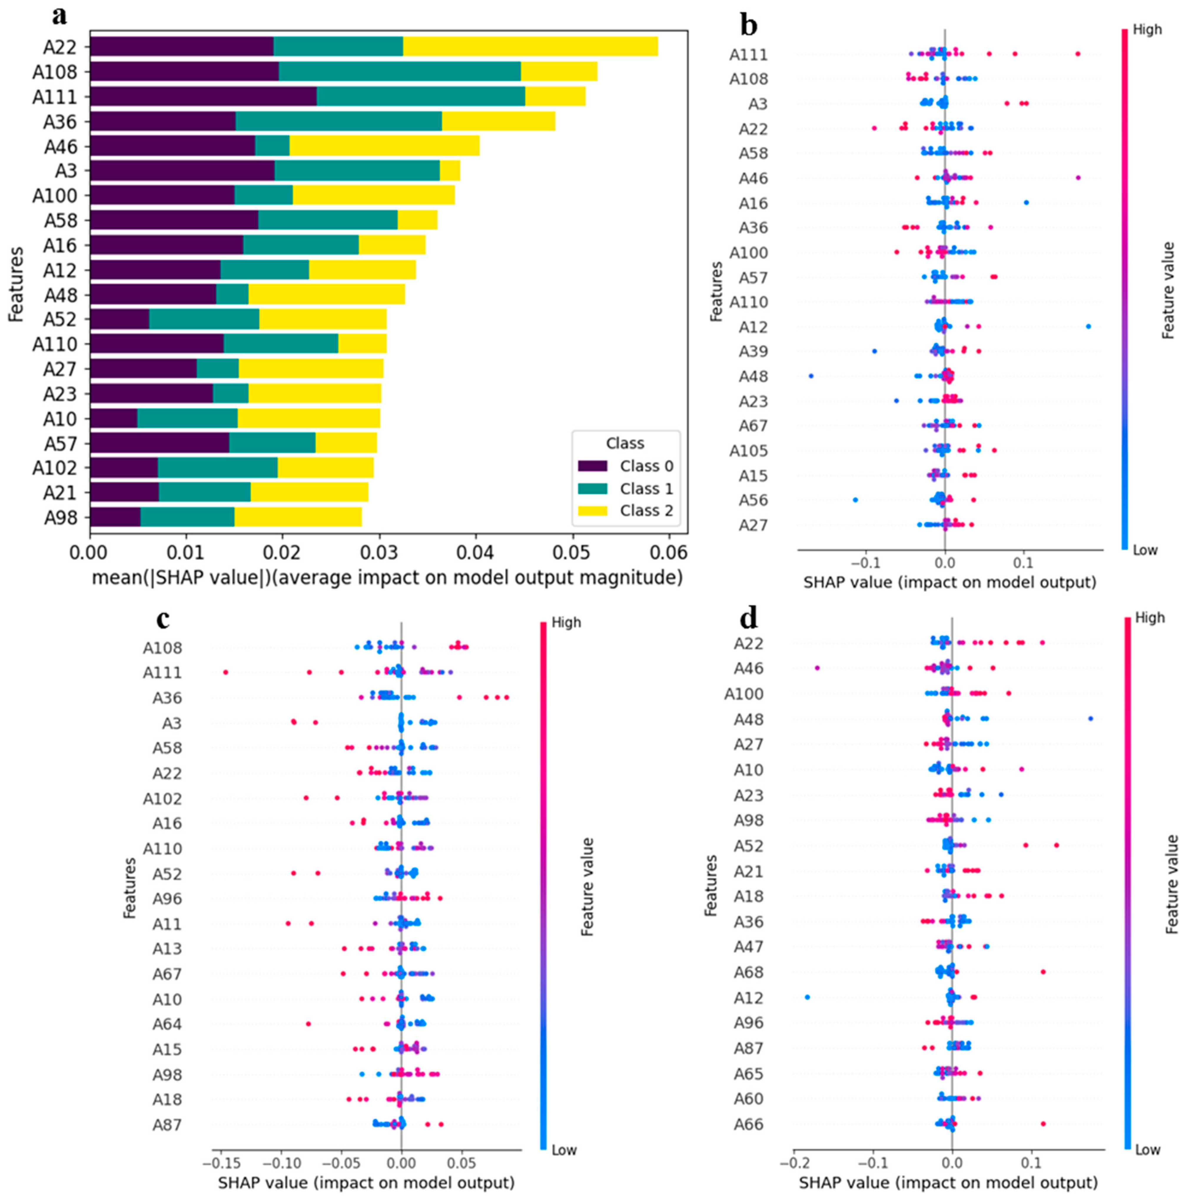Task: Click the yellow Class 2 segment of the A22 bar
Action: (530, 47)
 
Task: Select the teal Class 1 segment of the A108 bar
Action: (399, 72)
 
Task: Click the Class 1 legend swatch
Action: (592, 489)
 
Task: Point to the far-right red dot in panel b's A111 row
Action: (1078, 54)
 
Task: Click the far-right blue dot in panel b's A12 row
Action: (1088, 326)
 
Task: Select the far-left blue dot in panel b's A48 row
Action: (811, 376)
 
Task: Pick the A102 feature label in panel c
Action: (162, 798)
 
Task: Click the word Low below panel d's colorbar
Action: (1148, 1150)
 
